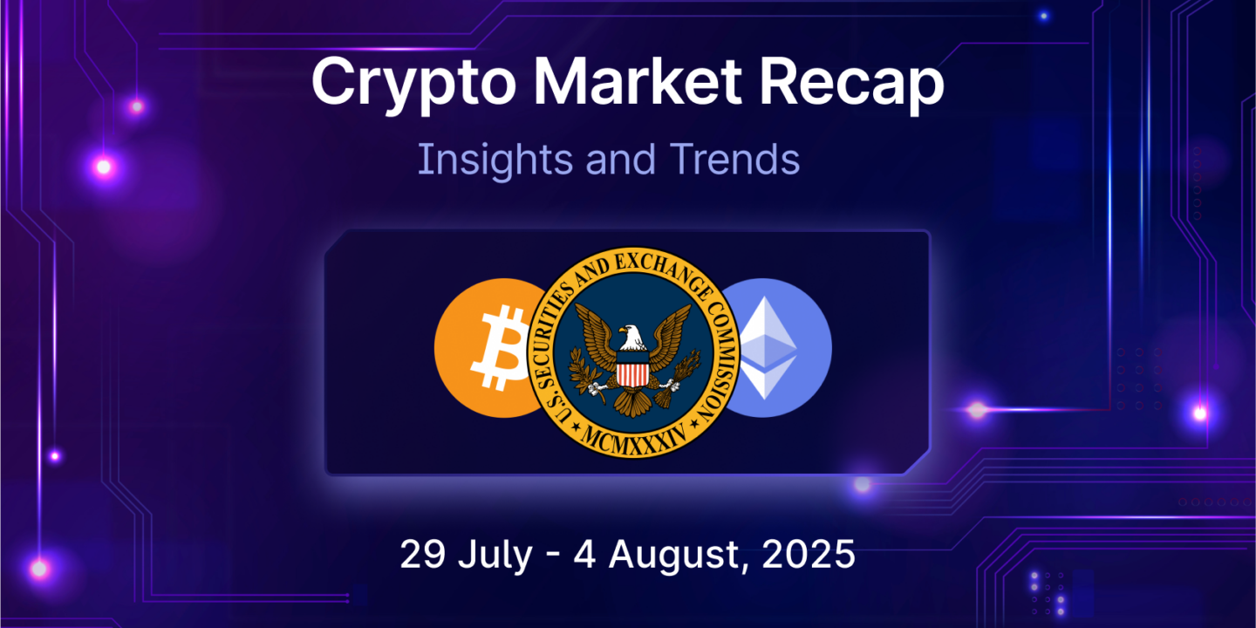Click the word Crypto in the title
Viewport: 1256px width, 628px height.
tap(413, 84)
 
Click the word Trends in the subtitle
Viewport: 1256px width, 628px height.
tap(734, 160)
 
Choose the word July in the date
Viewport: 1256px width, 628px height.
tap(495, 556)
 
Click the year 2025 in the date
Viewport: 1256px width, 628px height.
tap(808, 554)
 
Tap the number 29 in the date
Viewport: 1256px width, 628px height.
tap(423, 554)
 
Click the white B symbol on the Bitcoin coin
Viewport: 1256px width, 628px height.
tap(500, 348)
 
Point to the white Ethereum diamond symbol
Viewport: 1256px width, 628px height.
tap(767, 348)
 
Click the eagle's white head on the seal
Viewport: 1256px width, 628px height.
tap(631, 337)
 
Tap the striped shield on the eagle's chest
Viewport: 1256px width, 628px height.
tap(632, 368)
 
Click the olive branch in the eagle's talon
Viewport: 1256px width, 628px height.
tap(585, 374)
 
